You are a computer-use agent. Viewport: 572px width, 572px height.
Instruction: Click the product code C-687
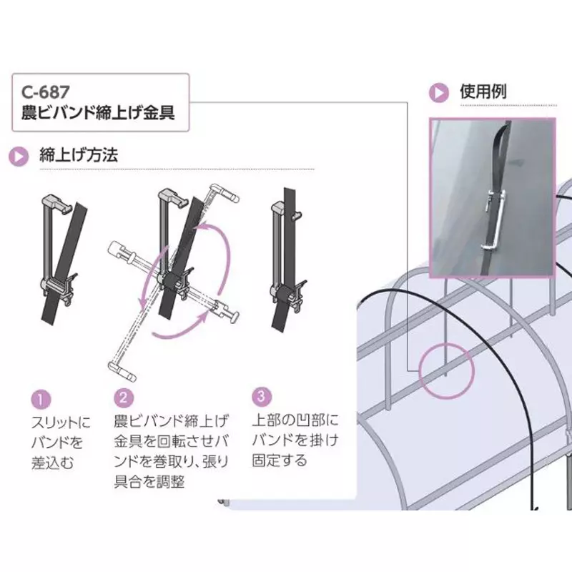coord(45,92)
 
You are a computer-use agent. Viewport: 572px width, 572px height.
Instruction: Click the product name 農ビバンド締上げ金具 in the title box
coord(98,113)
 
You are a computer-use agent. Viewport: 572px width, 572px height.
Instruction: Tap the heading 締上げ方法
coord(79,155)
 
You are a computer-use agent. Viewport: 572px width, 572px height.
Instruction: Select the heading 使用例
coord(483,92)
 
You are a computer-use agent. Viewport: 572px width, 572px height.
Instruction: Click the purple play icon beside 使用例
coord(439,93)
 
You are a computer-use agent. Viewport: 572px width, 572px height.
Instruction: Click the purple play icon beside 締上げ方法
coord(19,157)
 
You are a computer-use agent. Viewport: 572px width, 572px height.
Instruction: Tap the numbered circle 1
coord(41,399)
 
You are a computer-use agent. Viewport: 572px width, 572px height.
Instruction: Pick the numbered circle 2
coord(124,398)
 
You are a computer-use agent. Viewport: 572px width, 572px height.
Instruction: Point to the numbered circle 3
coord(262,397)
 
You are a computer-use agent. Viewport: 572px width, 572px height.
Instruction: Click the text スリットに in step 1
coord(61,423)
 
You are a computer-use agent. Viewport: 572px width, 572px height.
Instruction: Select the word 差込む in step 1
coord(52,463)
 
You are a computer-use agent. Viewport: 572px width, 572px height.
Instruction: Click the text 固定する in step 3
coord(280,460)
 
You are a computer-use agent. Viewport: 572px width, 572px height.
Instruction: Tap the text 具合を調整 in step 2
coord(149,481)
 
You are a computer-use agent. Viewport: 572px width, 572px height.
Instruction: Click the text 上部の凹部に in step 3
coord(295,420)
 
